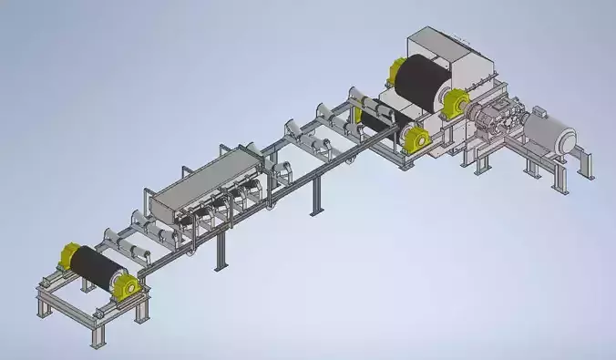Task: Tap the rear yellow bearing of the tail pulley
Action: click(68, 256)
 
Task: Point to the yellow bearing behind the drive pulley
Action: click(396, 70)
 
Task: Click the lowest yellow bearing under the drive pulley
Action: click(417, 140)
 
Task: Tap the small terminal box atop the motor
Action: click(539, 113)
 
